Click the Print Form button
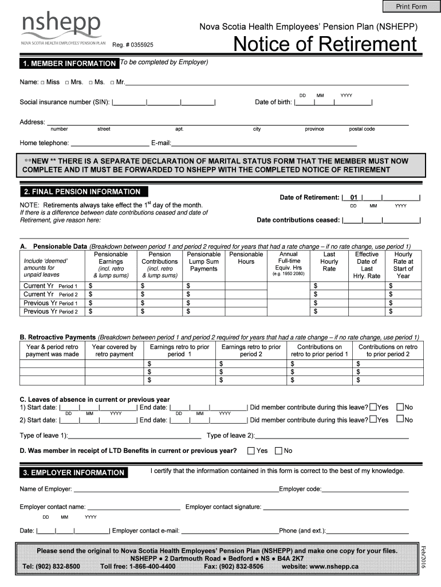pyautogui.click(x=411, y=6)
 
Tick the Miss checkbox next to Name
pyautogui.click(x=43, y=83)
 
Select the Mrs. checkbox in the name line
pyautogui.click(x=67, y=83)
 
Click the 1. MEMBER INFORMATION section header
pyautogui.click(x=69, y=63)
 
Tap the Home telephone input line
pyautogui.click(x=109, y=143)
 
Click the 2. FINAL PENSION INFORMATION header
pyautogui.click(x=82, y=191)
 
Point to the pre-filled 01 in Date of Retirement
pyautogui.click(x=353, y=198)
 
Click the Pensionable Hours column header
pyautogui.click(x=246, y=258)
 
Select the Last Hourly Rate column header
pyautogui.click(x=329, y=261)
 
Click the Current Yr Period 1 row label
pyautogui.click(x=50, y=285)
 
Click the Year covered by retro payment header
pyautogui.click(x=114, y=350)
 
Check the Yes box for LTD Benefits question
pyautogui.click(x=251, y=451)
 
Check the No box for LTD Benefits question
pyautogui.click(x=279, y=451)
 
